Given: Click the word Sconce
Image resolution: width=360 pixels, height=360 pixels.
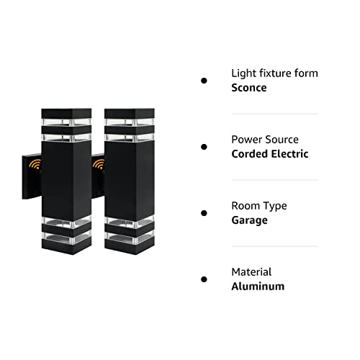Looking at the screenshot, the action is point(249,88).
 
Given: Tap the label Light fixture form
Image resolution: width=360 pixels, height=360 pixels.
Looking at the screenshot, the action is point(274,73).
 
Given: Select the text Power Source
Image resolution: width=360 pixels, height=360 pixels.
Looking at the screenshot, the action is point(265,140).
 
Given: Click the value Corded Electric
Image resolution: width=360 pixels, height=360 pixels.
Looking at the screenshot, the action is point(270,154).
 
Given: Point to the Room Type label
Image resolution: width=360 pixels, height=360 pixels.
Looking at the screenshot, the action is point(259,206).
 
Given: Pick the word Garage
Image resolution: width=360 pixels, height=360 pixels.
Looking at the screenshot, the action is point(249,220).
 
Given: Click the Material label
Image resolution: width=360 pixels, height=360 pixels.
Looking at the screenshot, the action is point(251,272).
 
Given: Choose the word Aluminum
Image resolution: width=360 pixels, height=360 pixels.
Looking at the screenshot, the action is point(258,287).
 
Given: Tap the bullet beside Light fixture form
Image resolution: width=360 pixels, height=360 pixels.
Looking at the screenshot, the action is point(204,81).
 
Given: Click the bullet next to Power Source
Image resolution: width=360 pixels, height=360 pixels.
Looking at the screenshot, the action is point(204,147).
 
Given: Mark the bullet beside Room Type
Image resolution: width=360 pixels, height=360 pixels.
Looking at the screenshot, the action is point(204,213).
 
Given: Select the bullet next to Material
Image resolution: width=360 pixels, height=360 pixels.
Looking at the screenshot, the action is point(204,279).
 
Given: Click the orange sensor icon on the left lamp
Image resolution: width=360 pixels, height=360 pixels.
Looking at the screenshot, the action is point(35,164).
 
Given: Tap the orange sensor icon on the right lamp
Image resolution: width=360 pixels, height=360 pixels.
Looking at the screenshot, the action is point(99,164).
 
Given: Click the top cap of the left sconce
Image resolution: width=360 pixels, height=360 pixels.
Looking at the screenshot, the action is point(66,114).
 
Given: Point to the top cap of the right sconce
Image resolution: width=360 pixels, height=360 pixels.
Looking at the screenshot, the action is point(130,114).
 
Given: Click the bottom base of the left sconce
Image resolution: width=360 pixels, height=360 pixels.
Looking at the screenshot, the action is point(66,246).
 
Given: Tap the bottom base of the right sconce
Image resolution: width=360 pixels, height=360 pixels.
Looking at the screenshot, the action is point(130,246).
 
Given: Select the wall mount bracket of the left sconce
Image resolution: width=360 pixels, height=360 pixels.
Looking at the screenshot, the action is point(32,176).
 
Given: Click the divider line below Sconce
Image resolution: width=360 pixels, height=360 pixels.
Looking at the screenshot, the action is point(275,114).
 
